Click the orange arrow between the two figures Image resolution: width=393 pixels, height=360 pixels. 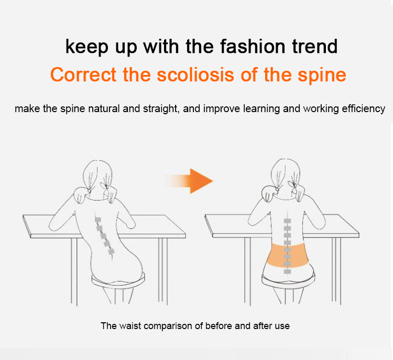pyautogui.click(x=189, y=181)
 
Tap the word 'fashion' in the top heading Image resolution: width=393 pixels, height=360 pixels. pyautogui.click(x=253, y=47)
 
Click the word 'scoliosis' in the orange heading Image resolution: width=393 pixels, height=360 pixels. pyautogui.click(x=195, y=75)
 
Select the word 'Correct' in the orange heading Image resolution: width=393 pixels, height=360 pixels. pyautogui.click(x=83, y=75)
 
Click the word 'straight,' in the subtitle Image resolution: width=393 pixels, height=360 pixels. pyautogui.click(x=161, y=109)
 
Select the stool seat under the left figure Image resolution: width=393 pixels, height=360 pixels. pyautogui.click(x=118, y=280)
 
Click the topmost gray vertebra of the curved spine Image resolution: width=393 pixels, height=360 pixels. pyautogui.click(x=98, y=220)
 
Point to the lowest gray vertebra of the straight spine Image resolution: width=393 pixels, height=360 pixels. pyautogui.click(x=288, y=272)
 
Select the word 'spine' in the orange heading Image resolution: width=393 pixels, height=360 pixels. pyautogui.click(x=322, y=75)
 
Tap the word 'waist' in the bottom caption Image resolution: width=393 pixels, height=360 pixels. pyautogui.click(x=130, y=326)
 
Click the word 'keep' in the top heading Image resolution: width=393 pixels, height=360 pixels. pyautogui.click(x=86, y=47)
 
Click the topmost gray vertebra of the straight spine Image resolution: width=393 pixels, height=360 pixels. pyautogui.click(x=288, y=221)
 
